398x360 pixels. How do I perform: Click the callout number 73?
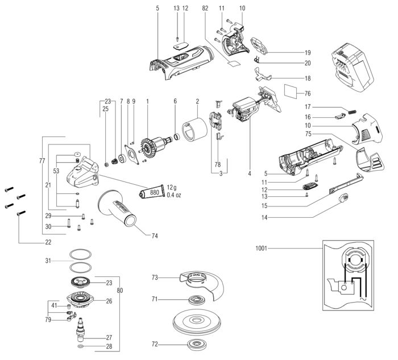click(155, 278)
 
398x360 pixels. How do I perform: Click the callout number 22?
click(48, 242)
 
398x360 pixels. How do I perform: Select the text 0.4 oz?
click(175, 196)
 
